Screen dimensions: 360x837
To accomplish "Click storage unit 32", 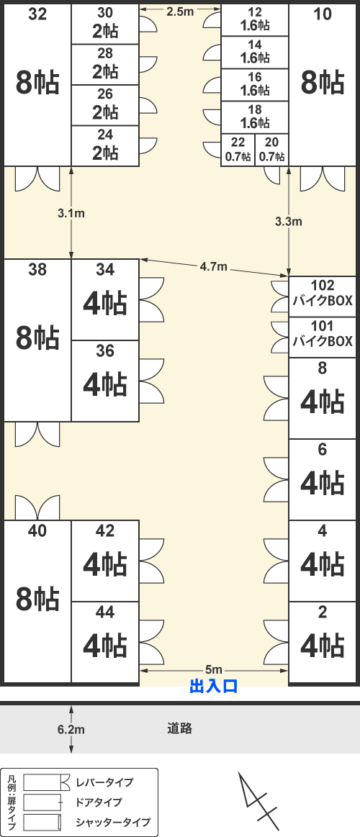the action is (x=37, y=84).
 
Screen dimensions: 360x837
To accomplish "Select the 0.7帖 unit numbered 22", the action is (x=238, y=150).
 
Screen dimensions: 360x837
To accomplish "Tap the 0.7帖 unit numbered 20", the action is (x=272, y=150).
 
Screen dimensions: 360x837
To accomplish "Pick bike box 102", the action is (x=323, y=297).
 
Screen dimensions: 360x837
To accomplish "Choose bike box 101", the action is (x=323, y=338).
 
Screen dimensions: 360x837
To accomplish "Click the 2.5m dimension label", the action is (x=180, y=12).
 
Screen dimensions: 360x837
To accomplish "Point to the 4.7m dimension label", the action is (x=214, y=267).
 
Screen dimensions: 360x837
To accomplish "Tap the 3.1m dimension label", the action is (x=71, y=214).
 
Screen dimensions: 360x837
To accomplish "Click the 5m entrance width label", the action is (x=214, y=669).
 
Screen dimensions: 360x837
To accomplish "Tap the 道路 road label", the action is (x=179, y=728).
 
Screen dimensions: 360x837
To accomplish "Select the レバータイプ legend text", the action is (x=104, y=782).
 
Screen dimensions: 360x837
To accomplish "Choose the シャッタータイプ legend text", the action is (x=113, y=822).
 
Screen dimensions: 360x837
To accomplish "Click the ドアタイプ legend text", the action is (x=99, y=802).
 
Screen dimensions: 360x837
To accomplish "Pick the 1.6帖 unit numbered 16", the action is (x=255, y=85).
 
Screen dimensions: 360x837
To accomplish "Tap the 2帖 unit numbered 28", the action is (x=105, y=64).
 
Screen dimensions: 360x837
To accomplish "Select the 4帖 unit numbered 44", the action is (x=105, y=642).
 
